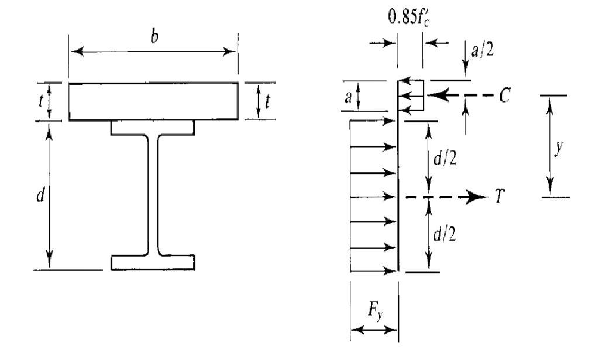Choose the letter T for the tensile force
499,198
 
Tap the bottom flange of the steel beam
153,262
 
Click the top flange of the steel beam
153,127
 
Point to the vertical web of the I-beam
153,193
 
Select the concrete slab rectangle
153,101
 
